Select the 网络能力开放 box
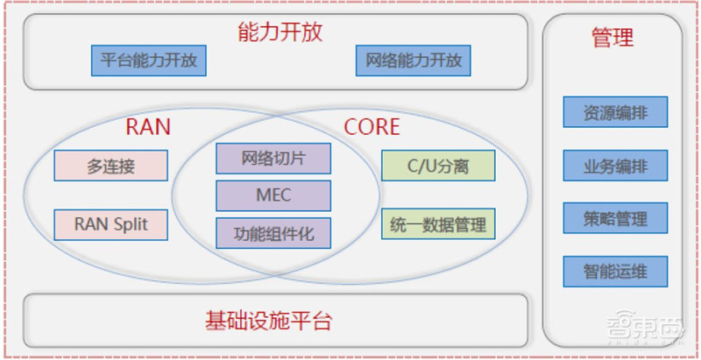click(414, 60)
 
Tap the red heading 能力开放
click(280, 32)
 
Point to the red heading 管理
click(612, 38)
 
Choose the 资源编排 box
click(615, 112)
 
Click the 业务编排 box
click(615, 165)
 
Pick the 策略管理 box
click(615, 218)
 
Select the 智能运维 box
click(615, 272)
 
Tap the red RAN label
click(148, 127)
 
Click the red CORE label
click(372, 127)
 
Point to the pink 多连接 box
click(110, 166)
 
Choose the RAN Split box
click(110, 224)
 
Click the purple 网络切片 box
click(273, 159)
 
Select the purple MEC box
click(273, 195)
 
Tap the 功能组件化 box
click(273, 233)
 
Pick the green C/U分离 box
click(438, 166)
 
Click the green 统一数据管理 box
click(438, 224)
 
